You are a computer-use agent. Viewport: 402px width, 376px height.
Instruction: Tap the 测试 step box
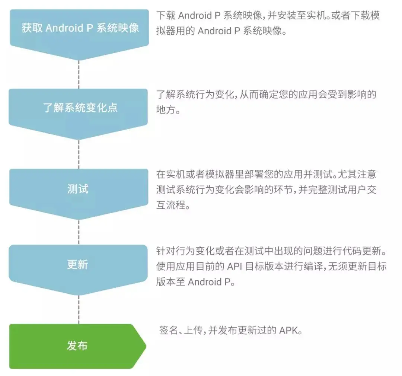pos(78,189)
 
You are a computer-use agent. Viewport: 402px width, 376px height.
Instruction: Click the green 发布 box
pos(77,346)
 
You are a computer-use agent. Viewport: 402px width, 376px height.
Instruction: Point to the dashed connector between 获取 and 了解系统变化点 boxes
pos(79,74)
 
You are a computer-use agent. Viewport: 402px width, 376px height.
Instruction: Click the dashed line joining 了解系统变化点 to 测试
pos(79,154)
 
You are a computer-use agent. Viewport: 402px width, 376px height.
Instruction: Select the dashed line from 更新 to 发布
pos(79,310)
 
